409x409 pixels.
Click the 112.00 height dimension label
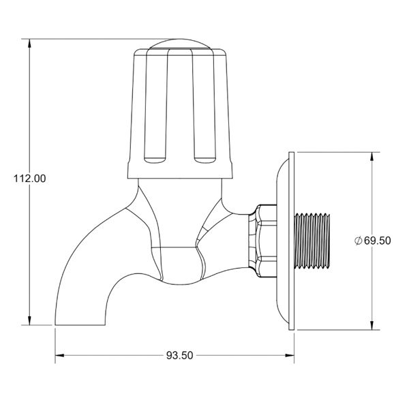pyautogui.click(x=30, y=179)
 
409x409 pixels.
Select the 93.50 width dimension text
pyautogui.click(x=180, y=355)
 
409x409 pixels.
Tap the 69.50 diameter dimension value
pyautogui.click(x=377, y=241)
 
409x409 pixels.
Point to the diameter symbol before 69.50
pyautogui.click(x=358, y=241)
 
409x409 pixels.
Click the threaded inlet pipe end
pyautogui.click(x=312, y=241)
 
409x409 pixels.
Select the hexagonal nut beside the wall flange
pyautogui.click(x=262, y=241)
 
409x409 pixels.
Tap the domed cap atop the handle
pyautogui.click(x=180, y=44)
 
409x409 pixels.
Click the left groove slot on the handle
pyautogui.click(x=155, y=106)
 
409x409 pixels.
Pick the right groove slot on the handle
pyautogui.click(x=204, y=106)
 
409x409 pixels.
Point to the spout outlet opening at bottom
pyautogui.click(x=80, y=324)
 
